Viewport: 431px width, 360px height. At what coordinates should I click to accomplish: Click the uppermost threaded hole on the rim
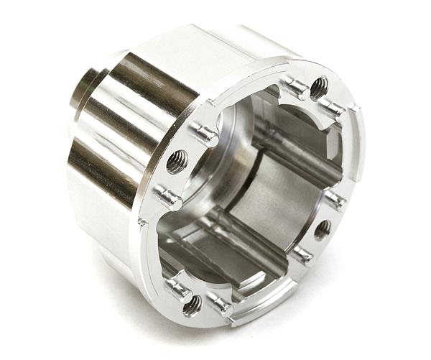(x=319, y=88)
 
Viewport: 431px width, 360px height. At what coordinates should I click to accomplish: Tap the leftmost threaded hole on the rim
(x=177, y=162)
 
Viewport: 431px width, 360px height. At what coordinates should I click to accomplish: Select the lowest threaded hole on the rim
(x=192, y=306)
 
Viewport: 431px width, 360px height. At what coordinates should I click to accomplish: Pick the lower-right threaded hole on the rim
(x=323, y=229)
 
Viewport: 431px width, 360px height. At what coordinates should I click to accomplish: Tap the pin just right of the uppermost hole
(x=333, y=108)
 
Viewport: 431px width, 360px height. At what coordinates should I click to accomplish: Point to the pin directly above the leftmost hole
(x=204, y=134)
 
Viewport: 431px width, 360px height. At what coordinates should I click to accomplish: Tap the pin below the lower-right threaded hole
(x=303, y=254)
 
